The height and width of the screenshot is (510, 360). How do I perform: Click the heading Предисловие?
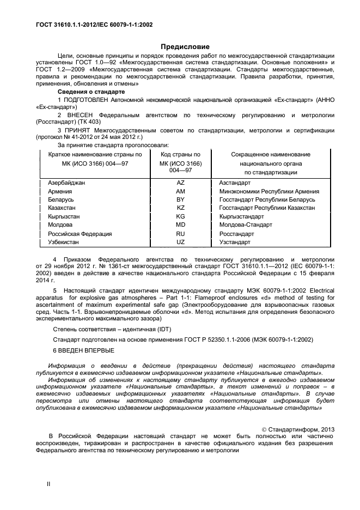[180, 47]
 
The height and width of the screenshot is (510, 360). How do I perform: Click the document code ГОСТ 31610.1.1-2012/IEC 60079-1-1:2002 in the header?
[87, 24]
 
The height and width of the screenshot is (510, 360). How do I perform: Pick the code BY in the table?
[180, 200]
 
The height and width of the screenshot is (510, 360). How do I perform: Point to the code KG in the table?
[180, 216]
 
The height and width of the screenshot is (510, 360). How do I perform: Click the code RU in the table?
[180, 234]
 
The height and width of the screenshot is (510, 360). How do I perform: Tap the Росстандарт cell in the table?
[236, 234]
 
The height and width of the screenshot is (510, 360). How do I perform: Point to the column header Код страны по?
[180, 155]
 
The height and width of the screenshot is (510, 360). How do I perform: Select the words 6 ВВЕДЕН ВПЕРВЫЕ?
[83, 349]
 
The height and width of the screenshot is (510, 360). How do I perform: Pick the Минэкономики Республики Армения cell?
[269, 192]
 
